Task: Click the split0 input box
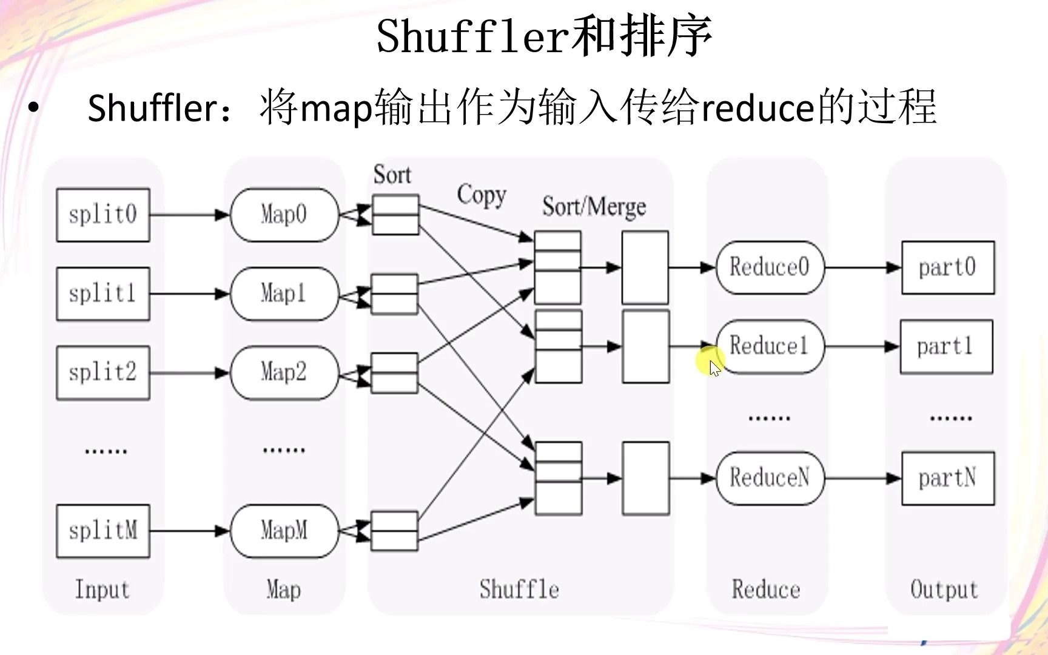[103, 215]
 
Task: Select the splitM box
[103, 531]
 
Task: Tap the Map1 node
[284, 294]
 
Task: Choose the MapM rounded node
[284, 531]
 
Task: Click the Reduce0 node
[769, 267]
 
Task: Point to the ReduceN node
[769, 478]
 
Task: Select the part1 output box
[946, 347]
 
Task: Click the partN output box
[947, 478]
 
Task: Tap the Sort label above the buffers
[392, 175]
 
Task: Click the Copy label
[482, 195]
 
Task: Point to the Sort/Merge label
[594, 207]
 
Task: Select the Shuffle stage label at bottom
[519, 589]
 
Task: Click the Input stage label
[102, 589]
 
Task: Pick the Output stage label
[944, 589]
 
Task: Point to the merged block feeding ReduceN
[646, 479]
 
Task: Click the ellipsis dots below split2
[106, 451]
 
